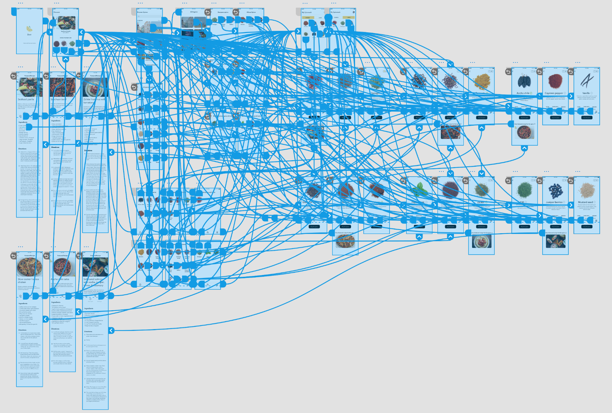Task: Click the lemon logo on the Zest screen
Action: coord(29,29)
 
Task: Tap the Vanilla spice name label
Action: coord(586,93)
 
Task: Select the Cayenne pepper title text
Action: coord(553,93)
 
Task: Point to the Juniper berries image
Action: coord(555,189)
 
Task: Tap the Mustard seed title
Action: coord(585,202)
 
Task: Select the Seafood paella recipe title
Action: coord(26,99)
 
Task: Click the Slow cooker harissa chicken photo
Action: coord(29,267)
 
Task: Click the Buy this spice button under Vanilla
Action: coord(587,118)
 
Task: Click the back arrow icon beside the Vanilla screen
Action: coord(571,72)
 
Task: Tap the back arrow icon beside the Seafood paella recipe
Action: coord(13,76)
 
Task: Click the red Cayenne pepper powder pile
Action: coord(555,81)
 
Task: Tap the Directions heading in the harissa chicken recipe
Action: coord(23,330)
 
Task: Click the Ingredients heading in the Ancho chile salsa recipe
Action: coord(56,302)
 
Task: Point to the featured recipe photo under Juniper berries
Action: coord(555,241)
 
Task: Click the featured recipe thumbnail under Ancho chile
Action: coord(524,133)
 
